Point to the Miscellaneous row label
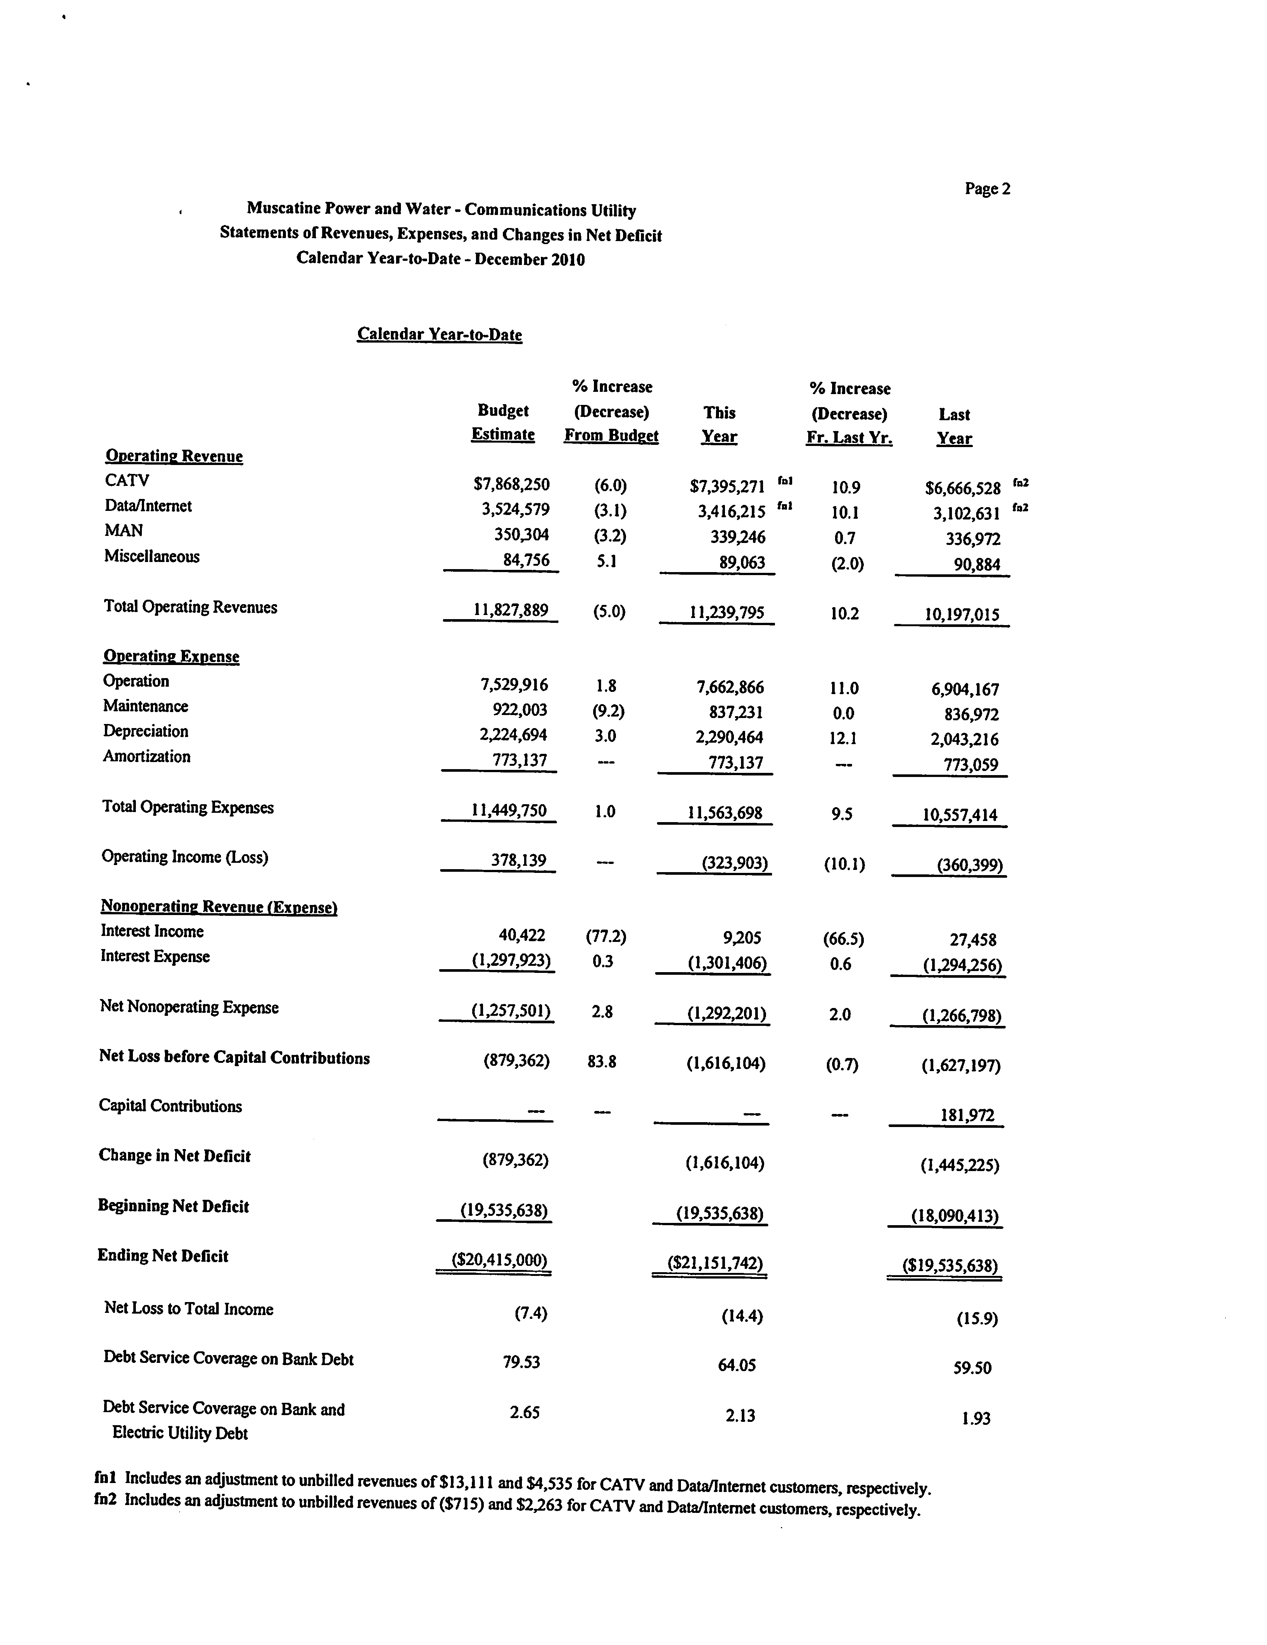(x=152, y=557)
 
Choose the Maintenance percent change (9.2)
(x=609, y=711)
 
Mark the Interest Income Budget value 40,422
(x=522, y=936)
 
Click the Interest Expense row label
(x=155, y=956)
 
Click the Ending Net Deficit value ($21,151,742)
(x=716, y=1263)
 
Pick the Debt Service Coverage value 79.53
(x=521, y=1362)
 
